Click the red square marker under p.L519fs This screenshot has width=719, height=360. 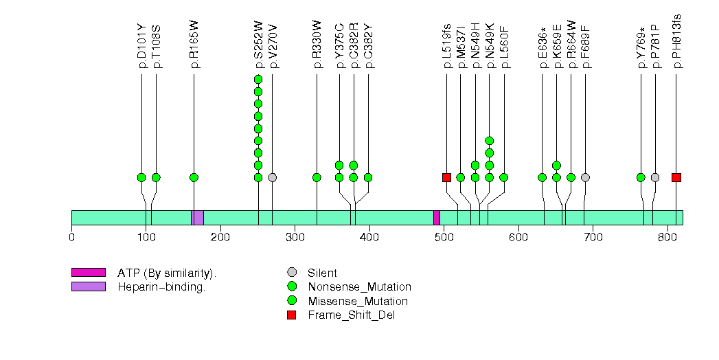click(x=446, y=177)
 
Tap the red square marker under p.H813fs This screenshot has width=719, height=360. click(x=676, y=177)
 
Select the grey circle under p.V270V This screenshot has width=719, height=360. click(x=273, y=177)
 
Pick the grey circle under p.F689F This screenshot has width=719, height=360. click(x=585, y=177)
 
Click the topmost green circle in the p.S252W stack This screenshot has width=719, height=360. click(x=258, y=79)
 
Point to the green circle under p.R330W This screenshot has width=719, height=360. click(x=317, y=177)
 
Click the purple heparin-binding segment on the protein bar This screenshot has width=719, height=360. click(x=198, y=218)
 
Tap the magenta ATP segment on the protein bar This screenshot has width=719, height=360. click(x=437, y=218)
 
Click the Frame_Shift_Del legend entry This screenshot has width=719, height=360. click(x=351, y=315)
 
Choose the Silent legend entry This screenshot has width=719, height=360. click(x=323, y=273)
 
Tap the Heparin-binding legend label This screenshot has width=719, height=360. click(x=161, y=287)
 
